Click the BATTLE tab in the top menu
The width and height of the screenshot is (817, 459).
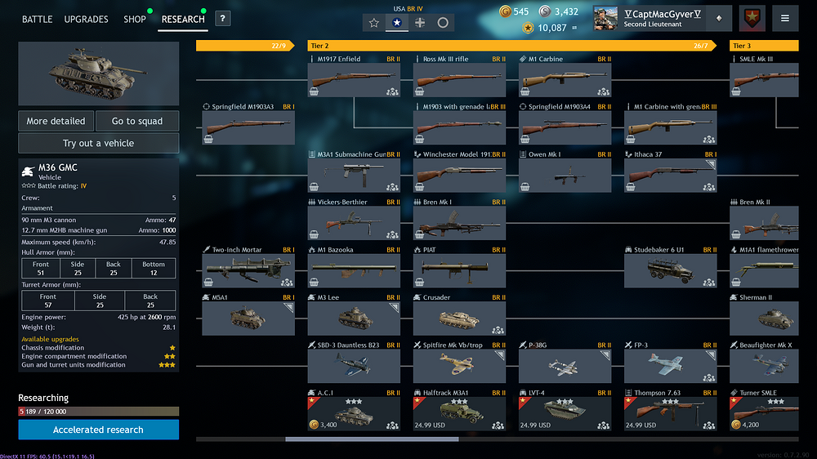point(37,19)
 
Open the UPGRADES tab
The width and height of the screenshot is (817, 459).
point(86,19)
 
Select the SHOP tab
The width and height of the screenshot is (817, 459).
point(135,19)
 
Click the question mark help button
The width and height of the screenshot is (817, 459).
point(222,19)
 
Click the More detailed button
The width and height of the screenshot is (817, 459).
point(56,121)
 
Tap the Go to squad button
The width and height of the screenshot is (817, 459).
point(137,121)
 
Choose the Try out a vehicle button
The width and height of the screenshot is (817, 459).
point(98,143)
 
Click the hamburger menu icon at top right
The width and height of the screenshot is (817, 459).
point(785,18)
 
